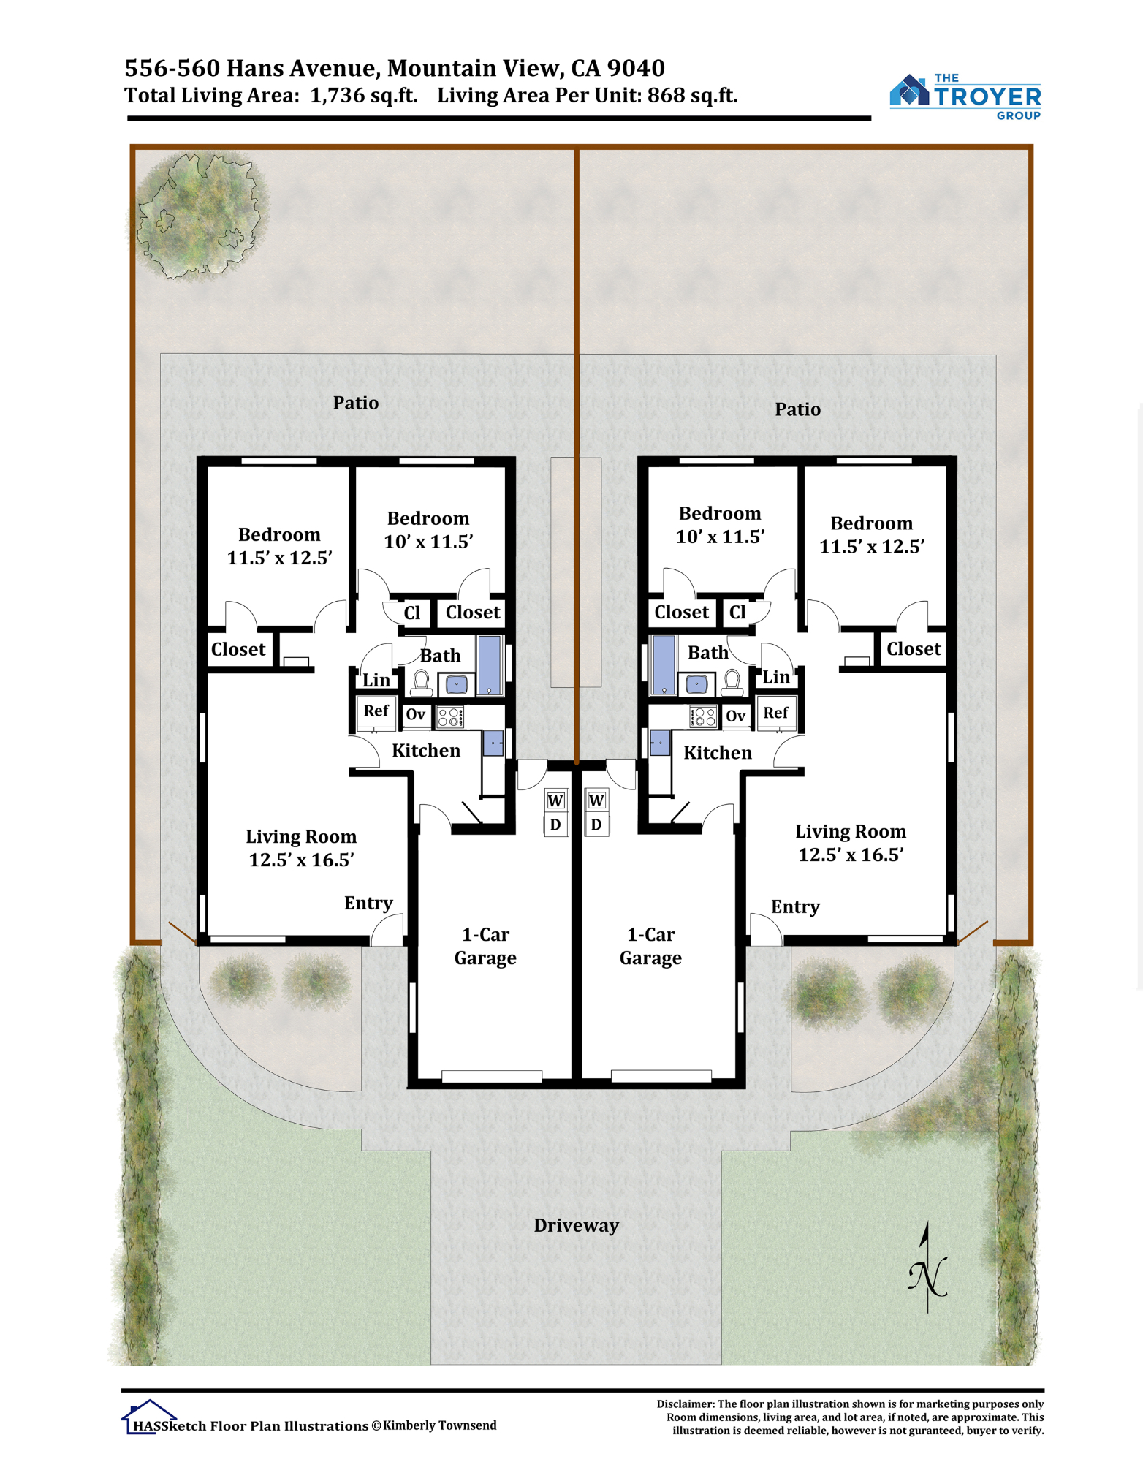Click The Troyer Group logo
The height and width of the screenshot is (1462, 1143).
(965, 96)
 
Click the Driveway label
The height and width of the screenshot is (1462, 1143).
(576, 1226)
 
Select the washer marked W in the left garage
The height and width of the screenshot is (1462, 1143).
(555, 800)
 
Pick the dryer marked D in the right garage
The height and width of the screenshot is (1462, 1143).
(596, 825)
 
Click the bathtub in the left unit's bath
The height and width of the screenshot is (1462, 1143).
(490, 665)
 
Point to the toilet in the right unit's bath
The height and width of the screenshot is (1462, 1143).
(732, 683)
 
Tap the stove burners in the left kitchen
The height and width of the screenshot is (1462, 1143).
(450, 717)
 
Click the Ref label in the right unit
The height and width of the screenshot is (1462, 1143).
(775, 713)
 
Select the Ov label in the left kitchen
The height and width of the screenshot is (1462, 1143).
(415, 714)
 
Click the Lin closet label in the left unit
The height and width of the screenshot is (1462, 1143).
(376, 681)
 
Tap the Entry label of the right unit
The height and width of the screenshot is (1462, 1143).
(795, 907)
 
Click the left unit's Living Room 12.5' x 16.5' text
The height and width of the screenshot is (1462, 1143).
(301, 848)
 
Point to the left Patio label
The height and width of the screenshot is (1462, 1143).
(356, 403)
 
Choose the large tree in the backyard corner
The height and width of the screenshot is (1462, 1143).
(200, 214)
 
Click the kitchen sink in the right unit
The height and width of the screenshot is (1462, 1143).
(660, 743)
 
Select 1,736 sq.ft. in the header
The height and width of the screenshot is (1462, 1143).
(364, 96)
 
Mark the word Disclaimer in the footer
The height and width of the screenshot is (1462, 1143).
(685, 1404)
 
